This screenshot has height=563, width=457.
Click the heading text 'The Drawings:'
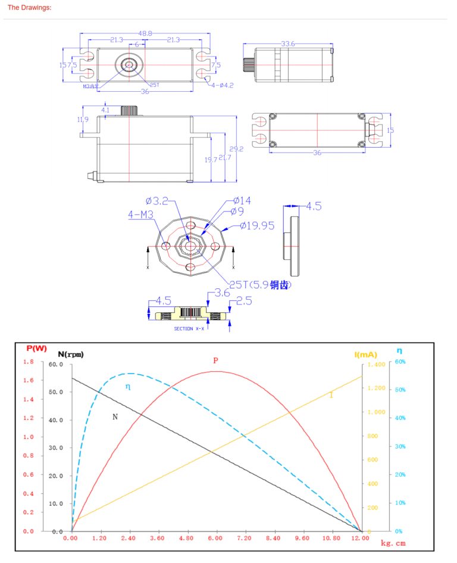tap(29, 8)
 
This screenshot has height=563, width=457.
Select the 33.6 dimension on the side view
tap(288, 43)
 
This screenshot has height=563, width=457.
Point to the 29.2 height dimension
tap(237, 149)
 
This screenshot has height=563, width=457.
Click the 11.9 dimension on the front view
tap(83, 119)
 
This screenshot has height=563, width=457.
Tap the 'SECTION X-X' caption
tap(190, 328)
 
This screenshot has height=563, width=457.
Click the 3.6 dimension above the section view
tap(222, 293)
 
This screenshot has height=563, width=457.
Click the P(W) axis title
tap(37, 348)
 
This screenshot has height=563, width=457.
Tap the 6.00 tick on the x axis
tap(215, 538)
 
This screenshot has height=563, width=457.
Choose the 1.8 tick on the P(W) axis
tap(28, 362)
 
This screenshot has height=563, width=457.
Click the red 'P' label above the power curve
tap(215, 360)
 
